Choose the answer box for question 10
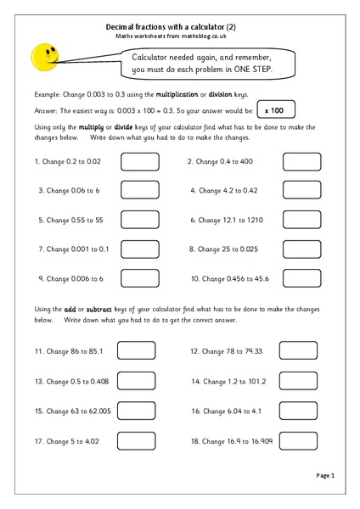pos(301,278)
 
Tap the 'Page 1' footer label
pos(326,475)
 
